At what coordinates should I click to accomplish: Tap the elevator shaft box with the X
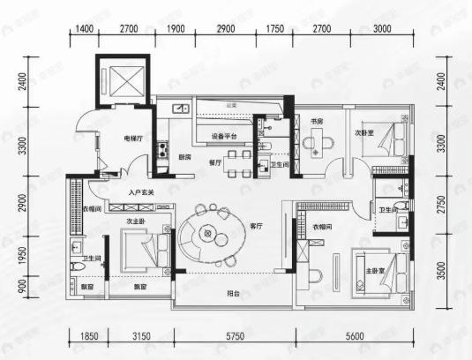(x=123, y=82)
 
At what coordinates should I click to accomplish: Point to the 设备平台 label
(x=225, y=137)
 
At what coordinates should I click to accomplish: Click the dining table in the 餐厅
(x=235, y=161)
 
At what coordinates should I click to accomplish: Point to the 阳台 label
(x=234, y=293)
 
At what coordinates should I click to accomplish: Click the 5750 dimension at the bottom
(x=234, y=336)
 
